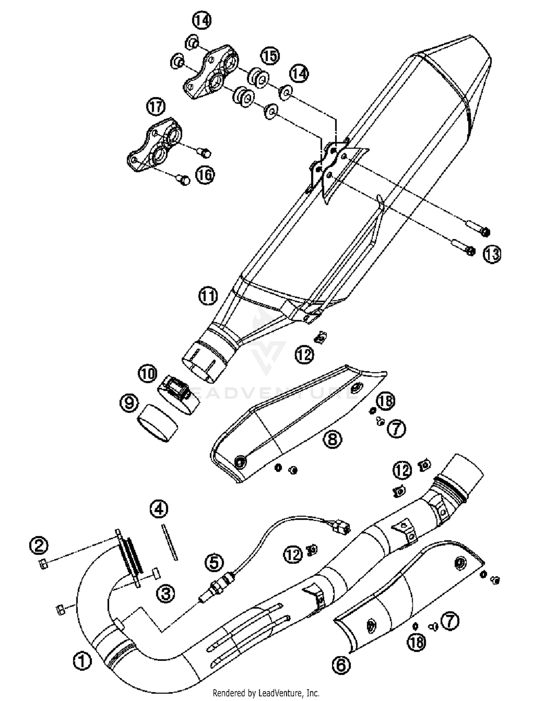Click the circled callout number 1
(82, 661)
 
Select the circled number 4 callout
(158, 509)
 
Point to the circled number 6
(341, 664)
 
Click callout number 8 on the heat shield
(332, 439)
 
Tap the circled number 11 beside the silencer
(208, 296)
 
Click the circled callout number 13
(492, 254)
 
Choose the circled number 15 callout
(270, 56)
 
